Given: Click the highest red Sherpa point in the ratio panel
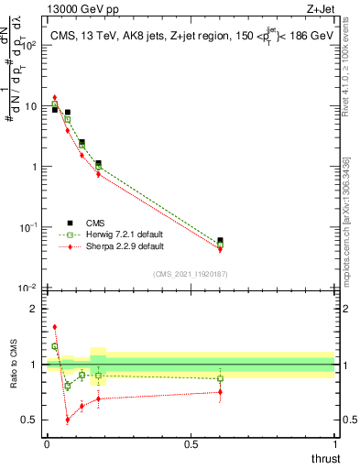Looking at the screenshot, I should (x=55, y=326).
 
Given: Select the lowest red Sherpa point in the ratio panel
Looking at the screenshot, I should (x=68, y=420).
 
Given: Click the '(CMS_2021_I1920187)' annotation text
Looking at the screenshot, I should (x=190, y=274).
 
